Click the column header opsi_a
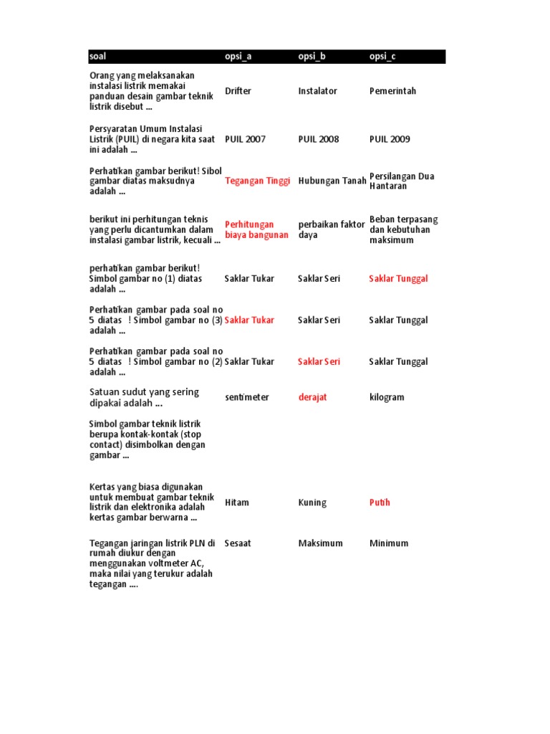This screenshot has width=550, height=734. [x=238, y=57]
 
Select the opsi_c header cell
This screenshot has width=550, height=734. [x=382, y=57]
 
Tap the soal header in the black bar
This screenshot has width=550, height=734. [x=97, y=57]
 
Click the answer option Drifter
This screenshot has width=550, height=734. [x=238, y=91]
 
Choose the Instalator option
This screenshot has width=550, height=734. [x=317, y=91]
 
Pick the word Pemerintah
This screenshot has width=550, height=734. [x=392, y=91]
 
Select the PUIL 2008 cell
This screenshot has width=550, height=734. [x=319, y=139]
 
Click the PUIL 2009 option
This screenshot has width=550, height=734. [x=390, y=139]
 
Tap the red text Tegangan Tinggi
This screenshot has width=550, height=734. [x=257, y=181]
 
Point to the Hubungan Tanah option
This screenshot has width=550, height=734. [x=332, y=181]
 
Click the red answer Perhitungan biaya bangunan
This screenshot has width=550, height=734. [x=256, y=229]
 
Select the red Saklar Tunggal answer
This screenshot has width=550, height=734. [x=398, y=278]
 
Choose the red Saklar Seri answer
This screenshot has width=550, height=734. [x=319, y=361]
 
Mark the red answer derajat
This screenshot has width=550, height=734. [x=312, y=397]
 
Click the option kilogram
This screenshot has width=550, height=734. [x=387, y=397]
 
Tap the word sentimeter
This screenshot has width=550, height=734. [x=246, y=397]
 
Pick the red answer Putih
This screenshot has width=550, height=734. [x=380, y=502]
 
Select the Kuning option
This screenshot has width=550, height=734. [x=312, y=502]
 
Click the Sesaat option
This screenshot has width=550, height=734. [x=238, y=543]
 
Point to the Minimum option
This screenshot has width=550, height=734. [x=389, y=543]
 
